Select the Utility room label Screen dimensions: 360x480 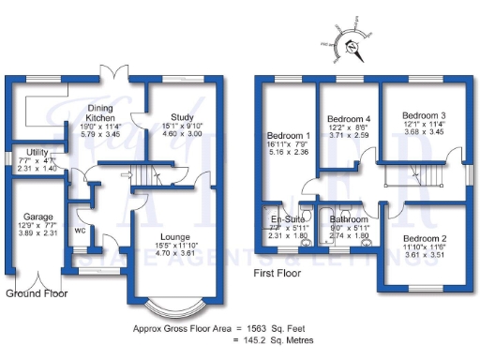[37, 151]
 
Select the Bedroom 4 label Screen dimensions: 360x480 [348, 119]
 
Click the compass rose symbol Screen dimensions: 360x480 [348, 42]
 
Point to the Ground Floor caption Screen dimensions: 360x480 [37, 293]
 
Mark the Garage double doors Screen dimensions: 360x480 [37, 279]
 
